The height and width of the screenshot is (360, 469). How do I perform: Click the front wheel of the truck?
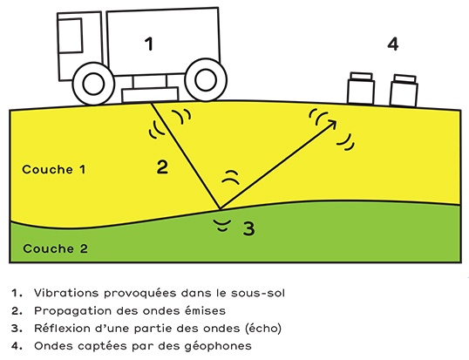click(x=93, y=84)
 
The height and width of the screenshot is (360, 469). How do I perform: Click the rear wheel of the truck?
click(x=206, y=80)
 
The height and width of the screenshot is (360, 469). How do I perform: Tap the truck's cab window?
click(x=71, y=36)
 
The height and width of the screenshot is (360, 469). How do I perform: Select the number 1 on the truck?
click(x=149, y=44)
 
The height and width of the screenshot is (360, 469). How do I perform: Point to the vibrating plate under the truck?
click(x=150, y=94)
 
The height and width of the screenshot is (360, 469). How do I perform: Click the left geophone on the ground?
click(x=361, y=88)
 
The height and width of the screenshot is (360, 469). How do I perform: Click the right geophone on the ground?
click(x=404, y=91)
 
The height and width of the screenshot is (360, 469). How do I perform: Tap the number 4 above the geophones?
click(x=393, y=44)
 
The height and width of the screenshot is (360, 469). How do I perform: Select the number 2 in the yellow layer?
click(x=162, y=167)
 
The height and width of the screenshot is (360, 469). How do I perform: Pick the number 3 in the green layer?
click(x=248, y=228)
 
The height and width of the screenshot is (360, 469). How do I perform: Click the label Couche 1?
click(x=54, y=169)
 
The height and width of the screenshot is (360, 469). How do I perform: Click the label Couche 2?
click(x=55, y=248)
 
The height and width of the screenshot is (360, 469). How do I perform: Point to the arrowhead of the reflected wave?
click(x=331, y=125)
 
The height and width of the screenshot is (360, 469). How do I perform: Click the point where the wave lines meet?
click(x=221, y=208)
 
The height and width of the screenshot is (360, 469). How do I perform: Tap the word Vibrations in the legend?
click(x=66, y=293)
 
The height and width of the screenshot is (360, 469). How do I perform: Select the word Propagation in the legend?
click(x=73, y=311)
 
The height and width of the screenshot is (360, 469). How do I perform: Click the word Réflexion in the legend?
click(x=62, y=328)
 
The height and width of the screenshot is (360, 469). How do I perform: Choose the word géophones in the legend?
click(x=218, y=347)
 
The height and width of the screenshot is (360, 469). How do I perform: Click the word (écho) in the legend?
click(x=263, y=329)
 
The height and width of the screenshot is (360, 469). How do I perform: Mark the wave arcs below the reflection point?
click(x=223, y=225)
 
